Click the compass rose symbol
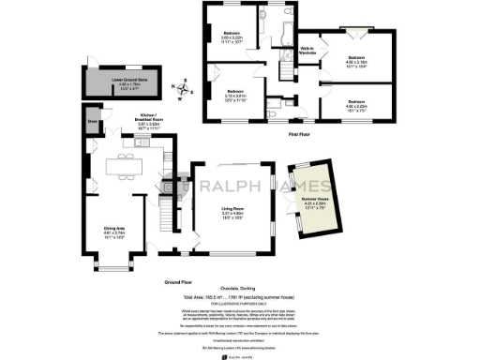click(x=184, y=90)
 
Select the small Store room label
click(x=94, y=121)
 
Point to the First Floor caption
click(x=300, y=136)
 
